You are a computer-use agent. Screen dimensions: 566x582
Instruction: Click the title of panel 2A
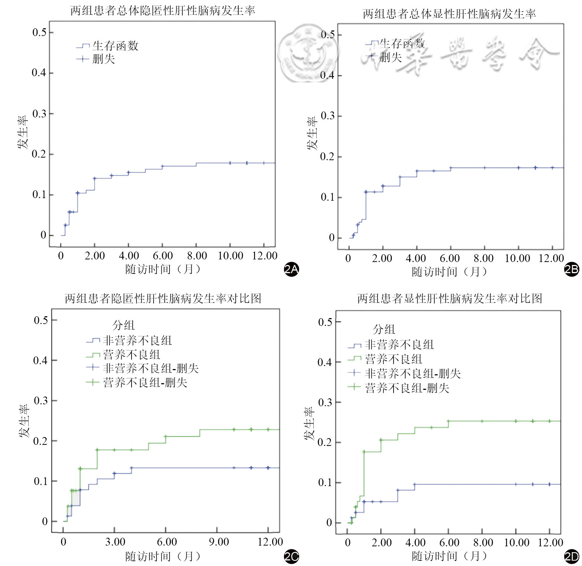(x=163, y=10)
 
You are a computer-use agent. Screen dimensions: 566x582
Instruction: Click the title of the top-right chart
(x=449, y=14)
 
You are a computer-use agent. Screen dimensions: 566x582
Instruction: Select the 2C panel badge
(x=291, y=557)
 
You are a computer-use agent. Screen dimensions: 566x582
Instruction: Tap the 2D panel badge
(x=572, y=557)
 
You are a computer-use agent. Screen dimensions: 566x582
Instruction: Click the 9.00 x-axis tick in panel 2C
(x=219, y=542)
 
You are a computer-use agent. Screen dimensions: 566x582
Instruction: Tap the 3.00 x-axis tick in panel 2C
(x=115, y=542)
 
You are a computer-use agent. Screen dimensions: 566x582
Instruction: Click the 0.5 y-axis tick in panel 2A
(x=39, y=32)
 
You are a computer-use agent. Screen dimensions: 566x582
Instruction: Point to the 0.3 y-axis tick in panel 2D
(x=325, y=402)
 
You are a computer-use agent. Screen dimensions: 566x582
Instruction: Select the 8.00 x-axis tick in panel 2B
(x=484, y=258)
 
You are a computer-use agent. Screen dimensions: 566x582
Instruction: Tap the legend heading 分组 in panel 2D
(x=384, y=329)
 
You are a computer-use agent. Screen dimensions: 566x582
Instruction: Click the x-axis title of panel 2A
(x=163, y=269)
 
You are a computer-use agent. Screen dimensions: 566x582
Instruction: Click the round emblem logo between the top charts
(x=308, y=53)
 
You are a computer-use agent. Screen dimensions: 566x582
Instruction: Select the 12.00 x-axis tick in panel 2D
(x=550, y=543)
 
